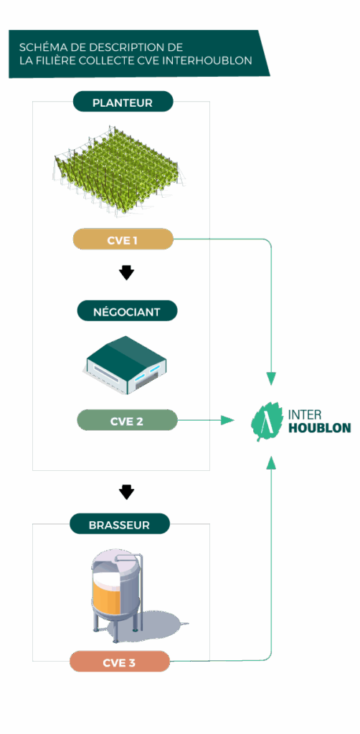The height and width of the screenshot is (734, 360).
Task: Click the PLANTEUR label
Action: pyautogui.click(x=123, y=103)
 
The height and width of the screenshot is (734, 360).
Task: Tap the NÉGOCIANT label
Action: pyautogui.click(x=126, y=311)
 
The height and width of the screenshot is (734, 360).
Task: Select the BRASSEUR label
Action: pyautogui.click(x=119, y=525)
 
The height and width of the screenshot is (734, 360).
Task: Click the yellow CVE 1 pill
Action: pyautogui.click(x=123, y=240)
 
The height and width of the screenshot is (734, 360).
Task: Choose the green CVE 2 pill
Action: pyautogui.click(x=126, y=421)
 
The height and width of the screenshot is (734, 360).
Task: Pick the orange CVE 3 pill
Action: pyautogui.click(x=119, y=662)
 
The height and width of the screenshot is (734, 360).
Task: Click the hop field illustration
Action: pyautogui.click(x=118, y=172)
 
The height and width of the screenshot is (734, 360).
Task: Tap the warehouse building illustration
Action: pyautogui.click(x=126, y=365)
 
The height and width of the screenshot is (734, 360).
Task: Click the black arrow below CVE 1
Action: pyautogui.click(x=126, y=273)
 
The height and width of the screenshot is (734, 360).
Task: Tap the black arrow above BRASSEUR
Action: pyautogui.click(x=126, y=492)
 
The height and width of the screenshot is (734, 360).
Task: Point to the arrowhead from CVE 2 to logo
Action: pyautogui.click(x=227, y=420)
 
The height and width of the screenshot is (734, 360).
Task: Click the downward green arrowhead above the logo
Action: pyautogui.click(x=271, y=377)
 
